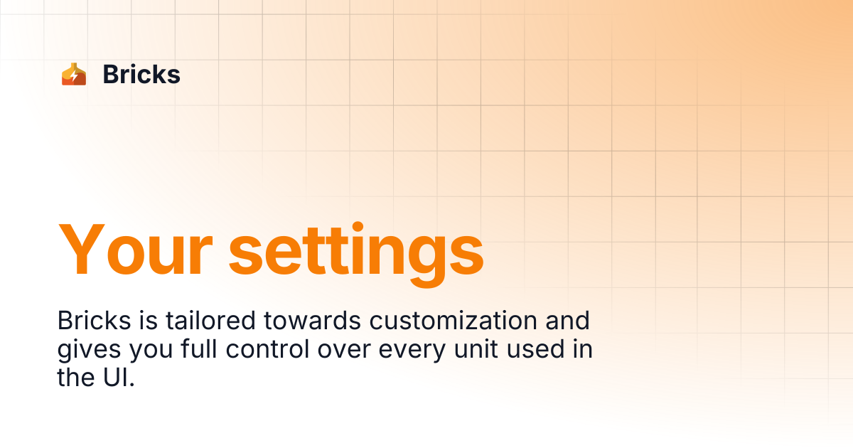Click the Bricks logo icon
point(73,75)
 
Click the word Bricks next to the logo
point(141,75)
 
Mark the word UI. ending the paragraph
point(117,378)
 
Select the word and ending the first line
point(568,321)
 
